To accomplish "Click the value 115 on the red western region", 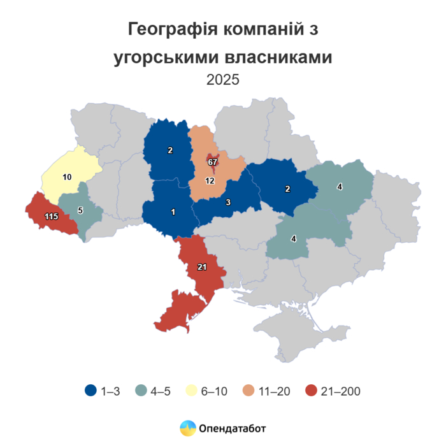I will pyautogui.click(x=52, y=217).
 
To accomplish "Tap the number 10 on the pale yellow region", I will pyautogui.click(x=67, y=176).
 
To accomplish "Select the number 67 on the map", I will pyautogui.click(x=213, y=162).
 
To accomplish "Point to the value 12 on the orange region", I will pyautogui.click(x=210, y=181).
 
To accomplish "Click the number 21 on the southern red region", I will pyautogui.click(x=202, y=268).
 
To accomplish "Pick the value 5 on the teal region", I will pyautogui.click(x=80, y=210).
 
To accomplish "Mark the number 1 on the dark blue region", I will pyautogui.click(x=173, y=212).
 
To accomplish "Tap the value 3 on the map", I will pyautogui.click(x=227, y=203).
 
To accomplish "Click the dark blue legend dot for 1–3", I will pyautogui.click(x=90, y=391).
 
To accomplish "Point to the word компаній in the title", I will pyautogui.click(x=261, y=29).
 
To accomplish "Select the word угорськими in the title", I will pyautogui.click(x=167, y=58).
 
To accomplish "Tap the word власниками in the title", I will pyautogui.click(x=279, y=58).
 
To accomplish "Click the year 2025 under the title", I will pyautogui.click(x=222, y=80).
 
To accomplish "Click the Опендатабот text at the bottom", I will pyautogui.click(x=233, y=428).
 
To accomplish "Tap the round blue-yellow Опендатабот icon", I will pyautogui.click(x=187, y=428).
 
